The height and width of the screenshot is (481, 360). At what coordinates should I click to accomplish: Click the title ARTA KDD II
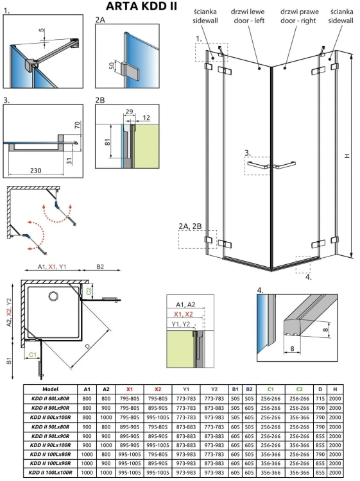pos(132,7)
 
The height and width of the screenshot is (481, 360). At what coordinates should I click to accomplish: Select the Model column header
pos(50,389)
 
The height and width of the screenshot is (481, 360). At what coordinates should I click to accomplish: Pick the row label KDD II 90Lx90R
pos(50,434)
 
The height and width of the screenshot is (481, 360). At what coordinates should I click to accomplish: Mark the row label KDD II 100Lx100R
pos(50,473)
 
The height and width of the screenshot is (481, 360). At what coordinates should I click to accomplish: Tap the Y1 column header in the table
pos(186,389)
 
